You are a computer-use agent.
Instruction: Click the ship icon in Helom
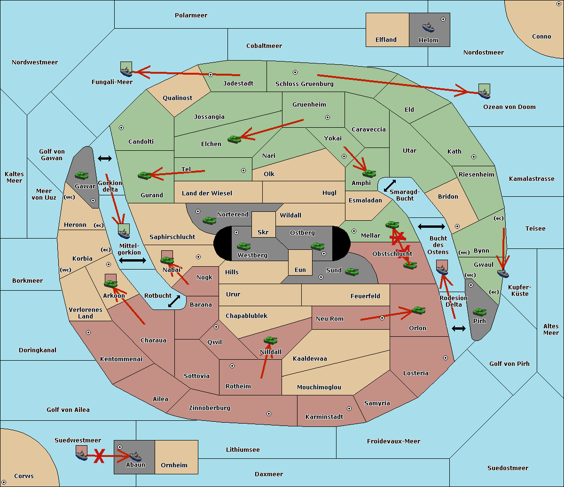428,27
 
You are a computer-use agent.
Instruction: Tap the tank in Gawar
82,176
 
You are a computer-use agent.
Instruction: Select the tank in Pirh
479,312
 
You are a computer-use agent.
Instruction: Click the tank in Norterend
209,220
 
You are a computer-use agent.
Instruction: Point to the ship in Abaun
135,456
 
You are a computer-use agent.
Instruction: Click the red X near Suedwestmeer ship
99,456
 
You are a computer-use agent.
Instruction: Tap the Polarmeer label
191,15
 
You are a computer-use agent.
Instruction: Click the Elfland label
386,39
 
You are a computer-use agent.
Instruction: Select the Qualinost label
177,98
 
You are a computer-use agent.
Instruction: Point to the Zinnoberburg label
210,408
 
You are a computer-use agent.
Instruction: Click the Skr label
263,232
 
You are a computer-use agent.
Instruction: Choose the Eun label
300,270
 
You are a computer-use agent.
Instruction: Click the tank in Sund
352,272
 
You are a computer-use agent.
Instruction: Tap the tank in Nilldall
270,340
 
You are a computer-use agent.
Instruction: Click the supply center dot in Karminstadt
349,409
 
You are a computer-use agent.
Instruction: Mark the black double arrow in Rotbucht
174,301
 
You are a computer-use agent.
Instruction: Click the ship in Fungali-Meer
126,71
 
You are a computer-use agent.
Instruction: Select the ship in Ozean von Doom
484,93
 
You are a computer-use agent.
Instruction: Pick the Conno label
541,36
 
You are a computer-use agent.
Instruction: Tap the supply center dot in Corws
4,482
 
